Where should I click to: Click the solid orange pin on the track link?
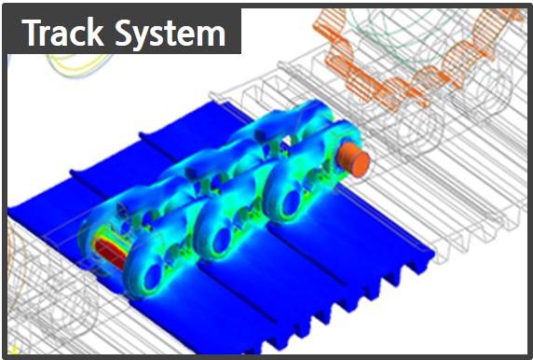pyautogui.click(x=353, y=159)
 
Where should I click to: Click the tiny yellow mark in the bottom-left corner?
pyautogui.click(x=13, y=350)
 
